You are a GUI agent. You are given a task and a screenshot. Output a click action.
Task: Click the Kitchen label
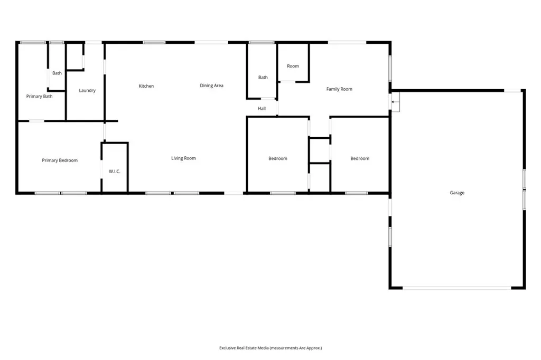[x=146, y=86]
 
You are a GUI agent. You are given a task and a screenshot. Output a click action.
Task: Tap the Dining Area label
[x=211, y=86]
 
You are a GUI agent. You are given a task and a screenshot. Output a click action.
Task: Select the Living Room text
[x=183, y=158]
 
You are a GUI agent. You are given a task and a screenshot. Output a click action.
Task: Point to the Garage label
[x=457, y=193]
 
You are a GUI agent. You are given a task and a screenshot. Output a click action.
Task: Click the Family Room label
[x=340, y=89]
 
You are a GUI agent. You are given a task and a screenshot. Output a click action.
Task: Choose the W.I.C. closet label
[x=115, y=172]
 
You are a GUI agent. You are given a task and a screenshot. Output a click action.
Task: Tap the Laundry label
[x=87, y=90]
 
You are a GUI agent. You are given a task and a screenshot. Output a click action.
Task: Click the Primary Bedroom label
[x=60, y=160]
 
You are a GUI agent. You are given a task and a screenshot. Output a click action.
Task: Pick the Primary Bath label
[x=39, y=96]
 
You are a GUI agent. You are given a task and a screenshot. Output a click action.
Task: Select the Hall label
[x=262, y=108]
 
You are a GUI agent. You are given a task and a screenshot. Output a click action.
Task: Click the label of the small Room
[x=293, y=66]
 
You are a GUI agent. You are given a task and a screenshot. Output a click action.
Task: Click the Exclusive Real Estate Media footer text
[x=270, y=348]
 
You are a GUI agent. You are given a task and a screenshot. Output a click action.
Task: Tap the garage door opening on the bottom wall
[x=457, y=288]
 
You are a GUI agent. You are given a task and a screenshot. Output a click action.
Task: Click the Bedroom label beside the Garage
[x=360, y=158]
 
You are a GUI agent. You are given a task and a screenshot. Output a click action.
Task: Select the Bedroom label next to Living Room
[x=278, y=158]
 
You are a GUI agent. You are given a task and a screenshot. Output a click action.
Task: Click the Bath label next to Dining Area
[x=263, y=77]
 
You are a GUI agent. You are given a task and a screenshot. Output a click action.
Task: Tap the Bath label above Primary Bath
[x=57, y=73]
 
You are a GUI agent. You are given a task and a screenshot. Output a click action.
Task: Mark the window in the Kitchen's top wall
[x=154, y=42]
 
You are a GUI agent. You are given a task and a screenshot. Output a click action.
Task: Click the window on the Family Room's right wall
[x=390, y=68]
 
